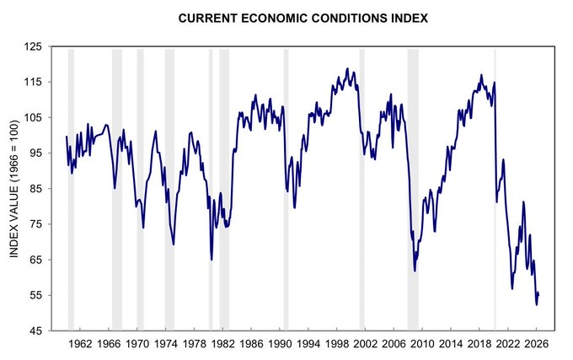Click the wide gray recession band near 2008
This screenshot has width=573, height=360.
(413, 190)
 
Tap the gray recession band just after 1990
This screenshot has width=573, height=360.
(286, 190)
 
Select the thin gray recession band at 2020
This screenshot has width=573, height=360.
(495, 190)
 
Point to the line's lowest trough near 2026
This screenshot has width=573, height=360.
(537, 304)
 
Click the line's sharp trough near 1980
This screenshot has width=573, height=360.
(212, 260)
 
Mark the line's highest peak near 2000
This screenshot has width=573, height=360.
(347, 69)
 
